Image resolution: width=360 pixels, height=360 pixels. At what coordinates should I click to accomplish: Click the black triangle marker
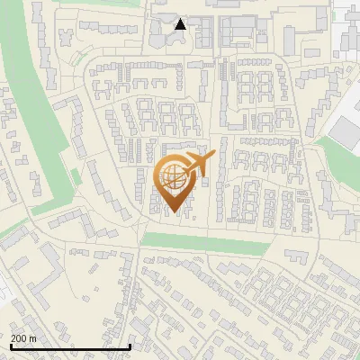[x=180, y=23]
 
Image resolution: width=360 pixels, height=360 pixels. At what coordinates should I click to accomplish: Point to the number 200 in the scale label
[x=19, y=338]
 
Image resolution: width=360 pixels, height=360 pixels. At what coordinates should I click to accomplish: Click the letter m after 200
[x=33, y=338]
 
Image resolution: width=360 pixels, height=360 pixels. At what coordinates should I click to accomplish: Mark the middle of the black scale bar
[x=70, y=346]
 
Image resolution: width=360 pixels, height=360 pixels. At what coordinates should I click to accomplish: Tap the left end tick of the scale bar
[x=11, y=346]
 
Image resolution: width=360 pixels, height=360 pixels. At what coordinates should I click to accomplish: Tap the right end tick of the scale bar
[x=130, y=346]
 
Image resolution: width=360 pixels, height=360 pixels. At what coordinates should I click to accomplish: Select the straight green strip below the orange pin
[x=205, y=241]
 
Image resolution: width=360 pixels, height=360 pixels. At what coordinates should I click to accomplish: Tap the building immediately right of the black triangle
[x=203, y=31]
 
